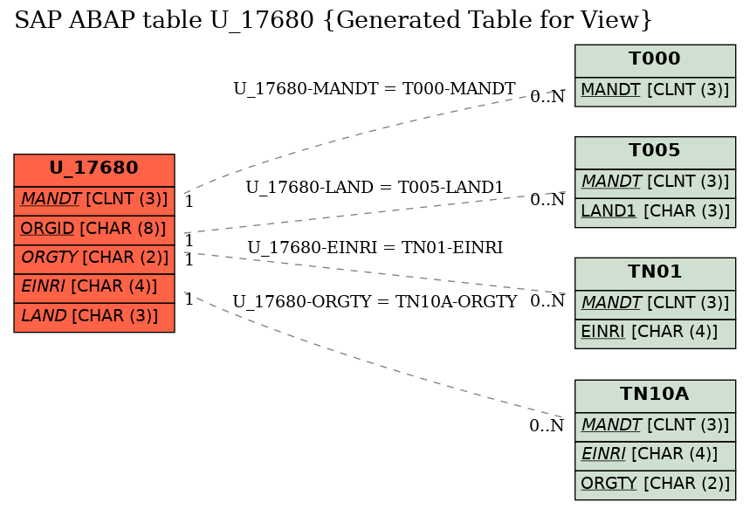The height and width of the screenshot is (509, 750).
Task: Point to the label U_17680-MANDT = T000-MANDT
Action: pyautogui.click(x=375, y=88)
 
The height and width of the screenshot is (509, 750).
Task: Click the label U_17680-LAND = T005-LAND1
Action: pyautogui.click(x=375, y=187)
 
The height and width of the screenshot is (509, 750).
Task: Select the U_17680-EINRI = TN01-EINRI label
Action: pyautogui.click(x=375, y=247)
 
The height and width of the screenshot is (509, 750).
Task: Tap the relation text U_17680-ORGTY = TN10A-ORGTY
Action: pyautogui.click(x=375, y=301)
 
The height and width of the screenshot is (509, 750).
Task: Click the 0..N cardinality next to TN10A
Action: pyautogui.click(x=547, y=425)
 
